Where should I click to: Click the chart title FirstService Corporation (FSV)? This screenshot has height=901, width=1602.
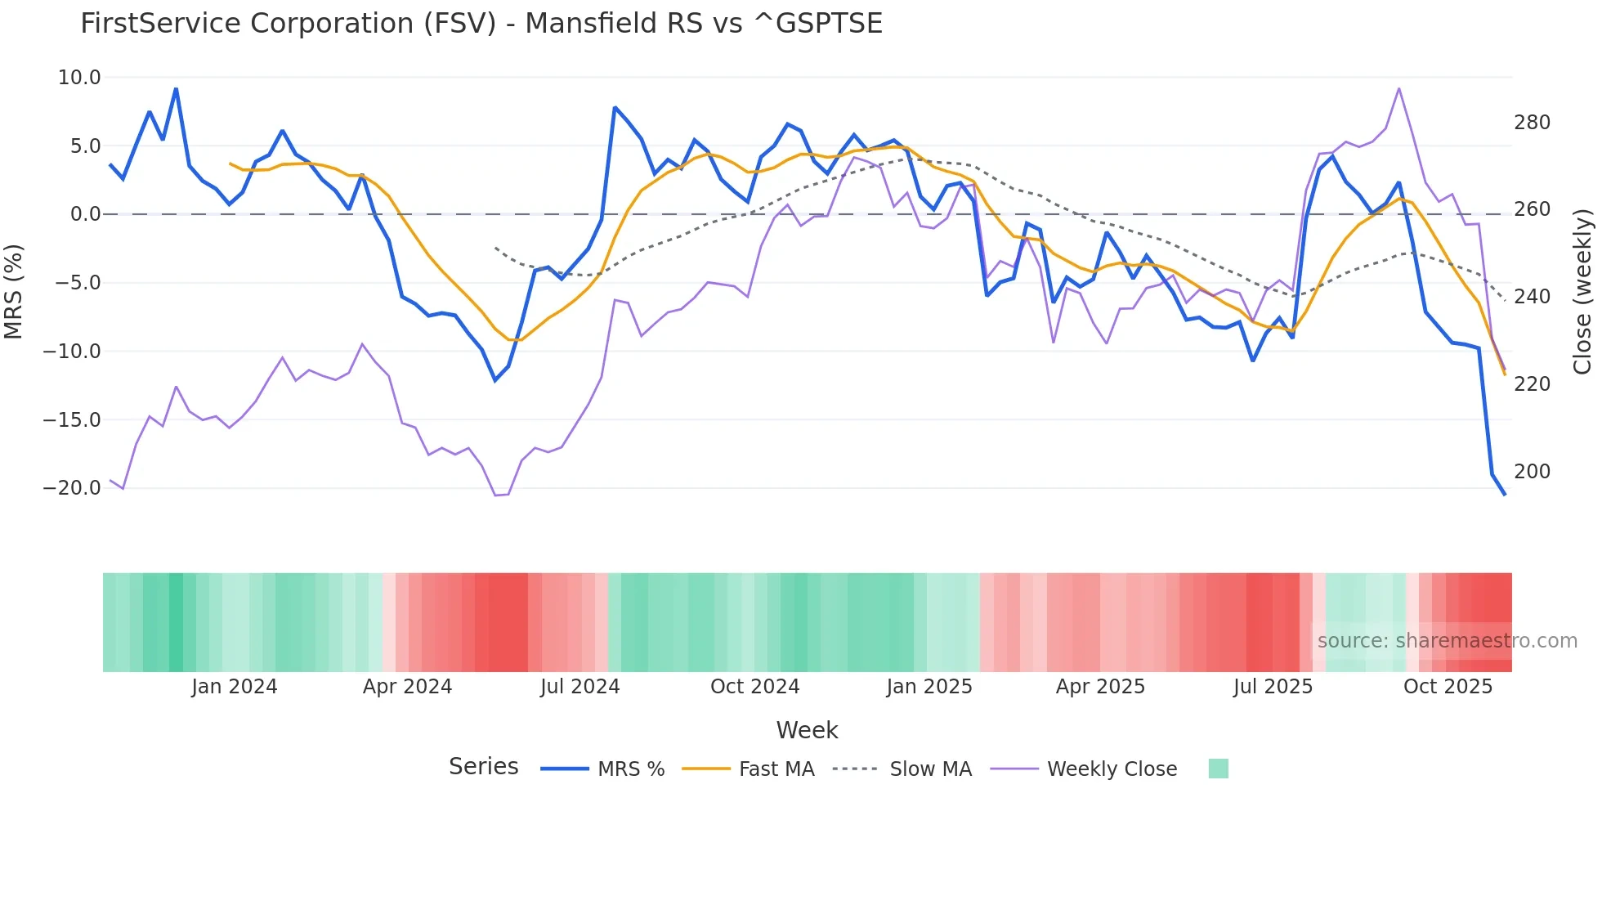click(481, 24)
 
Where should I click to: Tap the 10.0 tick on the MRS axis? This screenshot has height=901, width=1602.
click(79, 78)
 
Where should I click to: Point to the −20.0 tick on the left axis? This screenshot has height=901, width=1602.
click(72, 488)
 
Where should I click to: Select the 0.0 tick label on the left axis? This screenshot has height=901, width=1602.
click(85, 214)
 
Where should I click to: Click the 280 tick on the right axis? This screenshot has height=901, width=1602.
click(1532, 123)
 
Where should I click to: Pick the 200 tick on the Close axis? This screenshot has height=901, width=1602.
click(1532, 472)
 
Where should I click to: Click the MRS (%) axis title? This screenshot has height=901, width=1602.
click(13, 291)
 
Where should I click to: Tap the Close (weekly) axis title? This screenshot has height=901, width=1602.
click(1582, 291)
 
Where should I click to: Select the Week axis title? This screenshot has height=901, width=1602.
click(807, 730)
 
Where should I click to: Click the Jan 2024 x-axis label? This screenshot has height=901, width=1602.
click(234, 687)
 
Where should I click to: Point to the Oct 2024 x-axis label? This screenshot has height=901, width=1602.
click(754, 687)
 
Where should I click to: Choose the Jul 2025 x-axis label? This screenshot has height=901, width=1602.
click(1273, 687)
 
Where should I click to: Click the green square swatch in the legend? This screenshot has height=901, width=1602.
click(1218, 769)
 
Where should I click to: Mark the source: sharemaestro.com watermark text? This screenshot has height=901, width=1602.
click(1447, 641)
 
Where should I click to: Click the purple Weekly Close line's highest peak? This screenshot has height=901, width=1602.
click(1398, 88)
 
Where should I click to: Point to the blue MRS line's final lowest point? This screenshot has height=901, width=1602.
click(1505, 495)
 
